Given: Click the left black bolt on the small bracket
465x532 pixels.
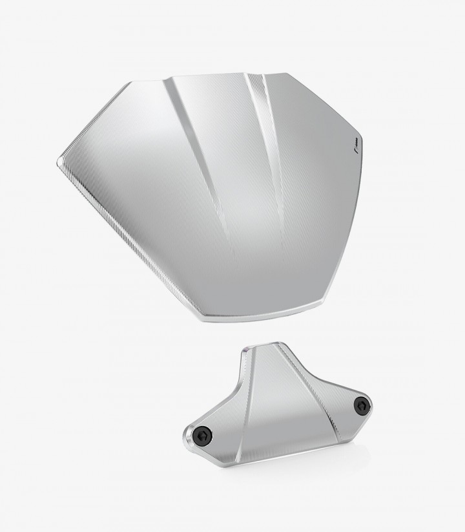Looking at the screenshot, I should (202, 436).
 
